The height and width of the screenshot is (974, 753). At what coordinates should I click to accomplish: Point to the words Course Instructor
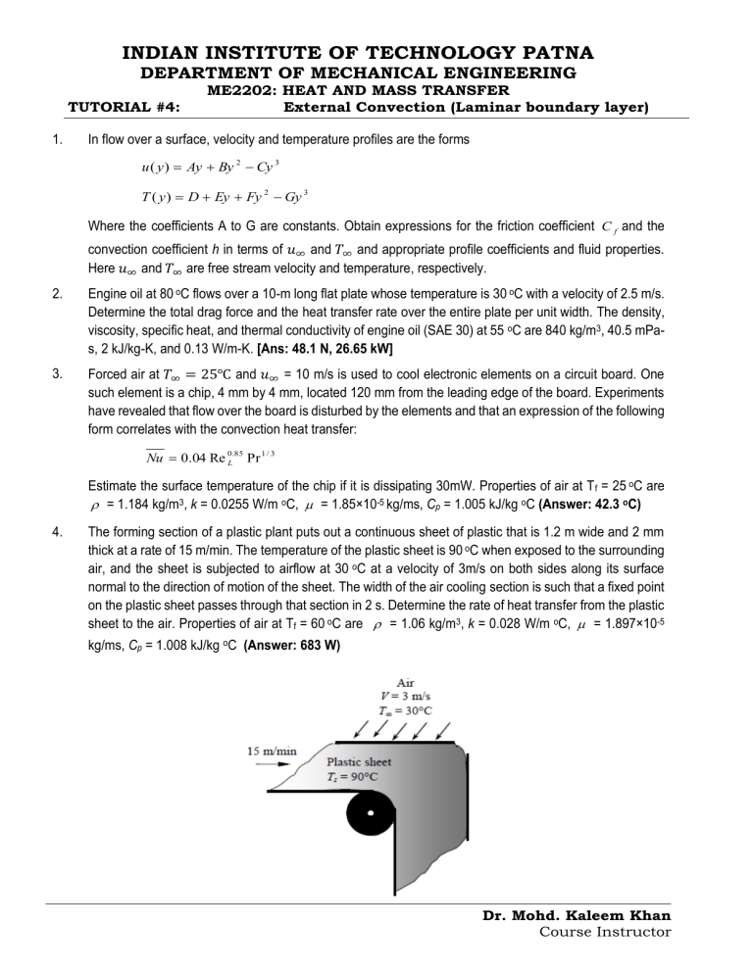605,932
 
